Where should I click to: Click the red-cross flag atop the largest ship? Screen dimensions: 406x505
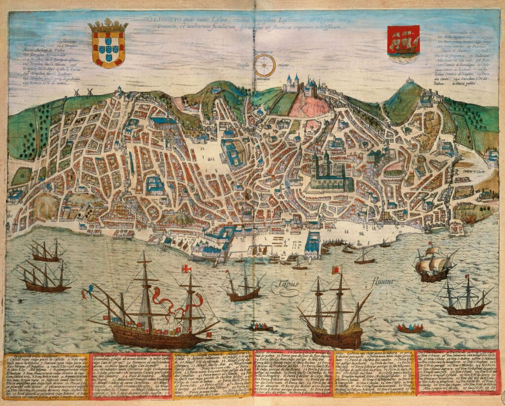click(x=186, y=269)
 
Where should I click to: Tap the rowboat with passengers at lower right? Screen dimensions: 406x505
click(x=410, y=328)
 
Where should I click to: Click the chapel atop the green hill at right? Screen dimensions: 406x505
click(x=409, y=81)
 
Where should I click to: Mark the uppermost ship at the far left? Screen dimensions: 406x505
click(x=45, y=252)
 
